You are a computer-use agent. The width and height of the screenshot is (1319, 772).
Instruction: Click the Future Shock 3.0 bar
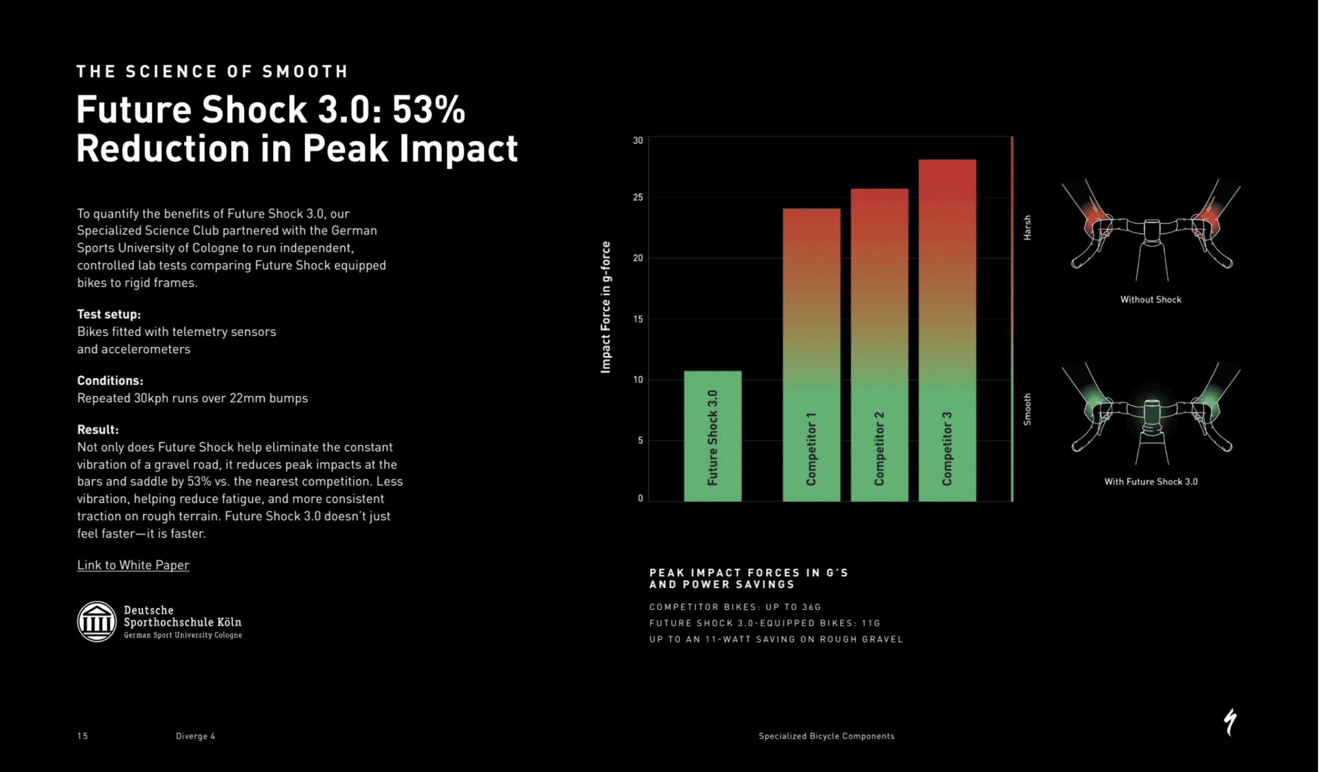point(713,435)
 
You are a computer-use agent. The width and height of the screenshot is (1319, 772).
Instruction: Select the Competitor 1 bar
point(811,355)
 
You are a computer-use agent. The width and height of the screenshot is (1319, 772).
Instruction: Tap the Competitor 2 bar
point(880,344)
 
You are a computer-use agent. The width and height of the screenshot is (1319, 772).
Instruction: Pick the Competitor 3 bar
point(947,330)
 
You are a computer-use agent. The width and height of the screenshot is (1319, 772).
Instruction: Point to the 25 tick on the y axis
point(637,197)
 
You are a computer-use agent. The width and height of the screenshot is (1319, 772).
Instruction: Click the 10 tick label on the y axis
point(637,379)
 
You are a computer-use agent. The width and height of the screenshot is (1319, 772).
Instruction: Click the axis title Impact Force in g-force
point(605,307)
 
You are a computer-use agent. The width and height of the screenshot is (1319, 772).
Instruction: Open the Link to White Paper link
point(133,565)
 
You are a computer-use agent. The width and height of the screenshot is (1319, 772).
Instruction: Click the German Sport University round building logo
point(97,622)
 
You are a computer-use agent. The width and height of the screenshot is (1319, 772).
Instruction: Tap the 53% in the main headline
point(428,110)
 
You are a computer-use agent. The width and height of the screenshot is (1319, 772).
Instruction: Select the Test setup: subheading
point(109,314)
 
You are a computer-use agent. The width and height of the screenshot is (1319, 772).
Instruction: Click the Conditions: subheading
point(110,380)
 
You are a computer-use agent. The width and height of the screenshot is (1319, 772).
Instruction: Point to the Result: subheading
point(98,429)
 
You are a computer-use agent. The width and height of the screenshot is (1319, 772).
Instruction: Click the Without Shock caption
point(1151,299)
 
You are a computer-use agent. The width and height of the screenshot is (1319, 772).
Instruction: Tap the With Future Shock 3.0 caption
point(1151,481)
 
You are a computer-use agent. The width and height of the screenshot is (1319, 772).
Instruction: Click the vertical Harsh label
point(1027,228)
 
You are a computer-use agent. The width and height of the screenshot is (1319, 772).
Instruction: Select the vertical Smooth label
point(1027,409)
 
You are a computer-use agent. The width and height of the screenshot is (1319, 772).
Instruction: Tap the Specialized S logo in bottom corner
point(1230,723)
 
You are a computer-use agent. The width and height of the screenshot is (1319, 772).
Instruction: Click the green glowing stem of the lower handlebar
point(1152,416)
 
